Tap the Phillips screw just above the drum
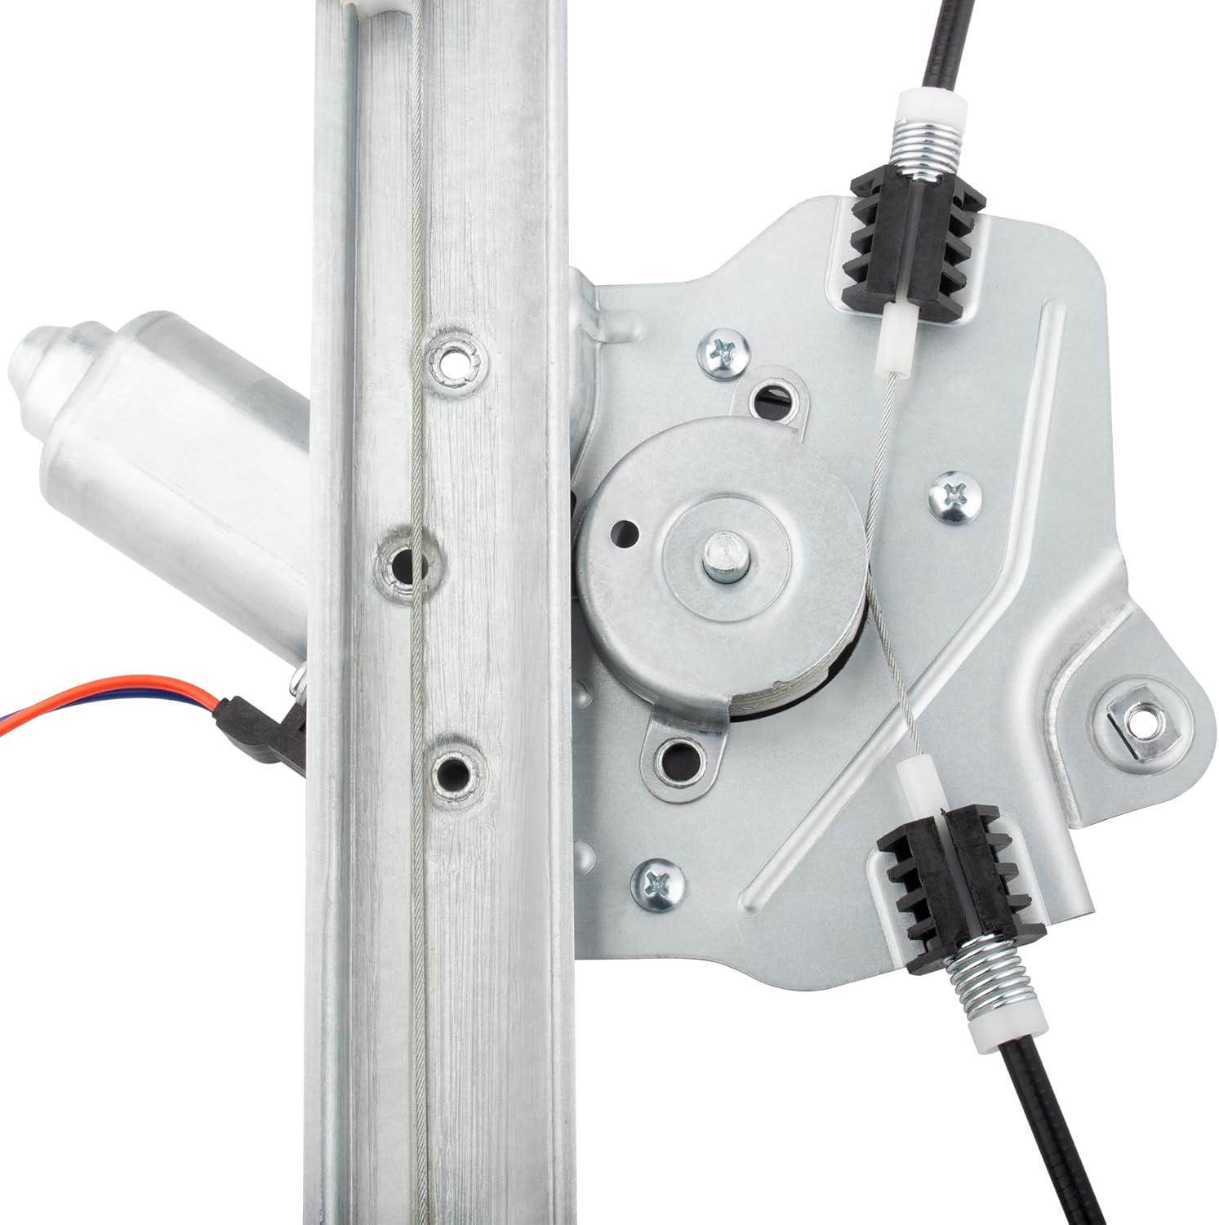723,353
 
